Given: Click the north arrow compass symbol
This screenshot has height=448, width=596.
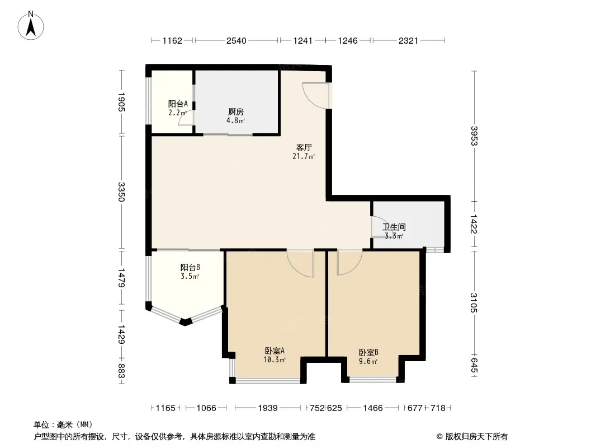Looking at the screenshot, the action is (x=31, y=26).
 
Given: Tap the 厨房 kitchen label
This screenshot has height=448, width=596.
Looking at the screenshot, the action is (x=236, y=111).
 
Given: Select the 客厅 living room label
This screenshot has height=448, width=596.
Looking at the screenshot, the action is (x=304, y=147).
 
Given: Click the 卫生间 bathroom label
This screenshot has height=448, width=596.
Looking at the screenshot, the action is (x=394, y=227).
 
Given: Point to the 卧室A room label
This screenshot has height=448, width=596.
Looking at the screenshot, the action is (x=275, y=351).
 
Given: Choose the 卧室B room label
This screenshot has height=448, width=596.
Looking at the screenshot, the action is (x=368, y=352).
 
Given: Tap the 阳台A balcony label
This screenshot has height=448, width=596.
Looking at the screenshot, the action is (x=178, y=104).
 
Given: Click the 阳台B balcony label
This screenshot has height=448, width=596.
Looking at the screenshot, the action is (x=190, y=267).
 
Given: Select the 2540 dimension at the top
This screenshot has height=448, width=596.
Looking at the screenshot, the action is (x=236, y=40).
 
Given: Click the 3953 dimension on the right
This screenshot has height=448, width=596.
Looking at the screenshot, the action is (x=474, y=136).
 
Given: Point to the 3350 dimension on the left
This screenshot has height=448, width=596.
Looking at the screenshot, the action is (x=121, y=192).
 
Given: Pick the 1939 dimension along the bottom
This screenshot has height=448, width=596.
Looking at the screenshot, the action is (x=268, y=408).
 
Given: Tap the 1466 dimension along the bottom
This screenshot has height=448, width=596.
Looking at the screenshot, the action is (x=373, y=408).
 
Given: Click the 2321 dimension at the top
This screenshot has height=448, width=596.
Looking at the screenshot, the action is (x=408, y=40).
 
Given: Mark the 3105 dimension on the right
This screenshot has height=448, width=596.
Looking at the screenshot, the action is (x=474, y=302).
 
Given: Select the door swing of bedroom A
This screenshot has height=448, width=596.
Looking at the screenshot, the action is (x=295, y=268).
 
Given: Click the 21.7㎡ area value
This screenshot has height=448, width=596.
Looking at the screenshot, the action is (x=304, y=156).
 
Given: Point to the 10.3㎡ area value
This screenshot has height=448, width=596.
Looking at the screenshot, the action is (x=275, y=360).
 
